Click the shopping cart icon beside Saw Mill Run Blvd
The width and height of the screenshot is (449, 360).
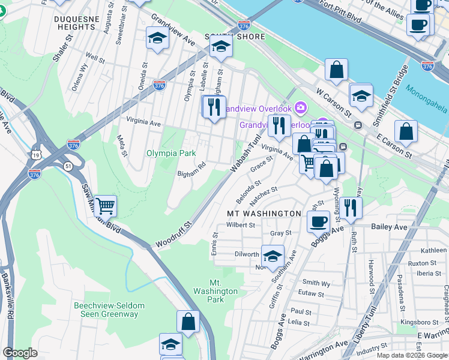pyautogui.click(x=105, y=206)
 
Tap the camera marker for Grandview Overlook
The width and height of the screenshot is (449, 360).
pyautogui.click(x=301, y=108)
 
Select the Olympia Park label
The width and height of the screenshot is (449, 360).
pyautogui.click(x=171, y=153)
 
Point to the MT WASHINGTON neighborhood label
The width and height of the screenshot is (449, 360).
pyautogui.click(x=264, y=214)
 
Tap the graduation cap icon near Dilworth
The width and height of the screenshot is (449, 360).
pyautogui.click(x=273, y=256)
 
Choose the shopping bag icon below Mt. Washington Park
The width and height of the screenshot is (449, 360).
pyautogui.click(x=188, y=321)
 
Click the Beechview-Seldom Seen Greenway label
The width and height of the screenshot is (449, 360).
pyautogui.click(x=109, y=310)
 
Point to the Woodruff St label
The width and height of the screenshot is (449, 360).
pyautogui.click(x=173, y=235)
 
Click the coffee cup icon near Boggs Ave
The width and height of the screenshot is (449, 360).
pyautogui.click(x=318, y=221)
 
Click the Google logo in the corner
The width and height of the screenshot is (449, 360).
pyautogui.click(x=20, y=352)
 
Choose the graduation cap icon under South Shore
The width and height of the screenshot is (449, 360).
pyautogui.click(x=221, y=48)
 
